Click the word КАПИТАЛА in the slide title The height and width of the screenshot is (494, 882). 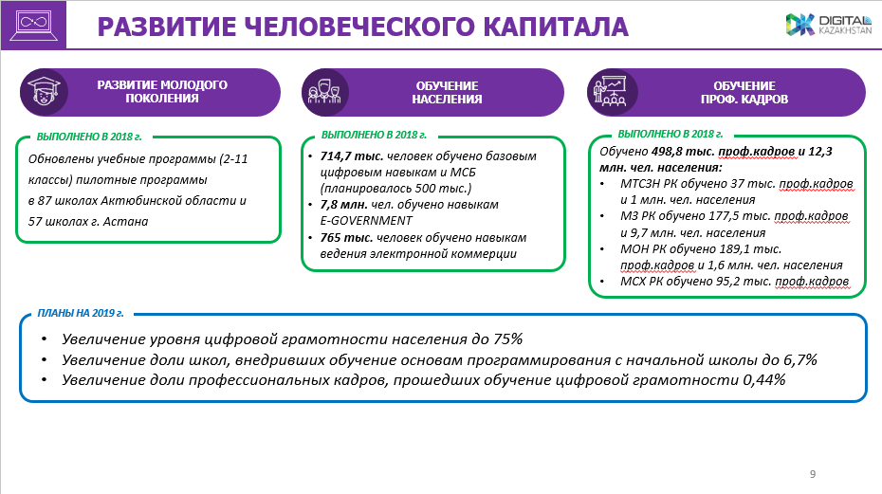pos(543,27)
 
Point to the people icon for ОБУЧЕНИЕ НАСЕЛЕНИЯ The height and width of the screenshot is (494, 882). pos(323,92)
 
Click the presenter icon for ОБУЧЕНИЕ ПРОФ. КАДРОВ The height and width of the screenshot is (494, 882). pos(609,91)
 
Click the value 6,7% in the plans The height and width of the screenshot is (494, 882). pos(794,359)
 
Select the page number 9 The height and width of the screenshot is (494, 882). pos(813,473)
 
